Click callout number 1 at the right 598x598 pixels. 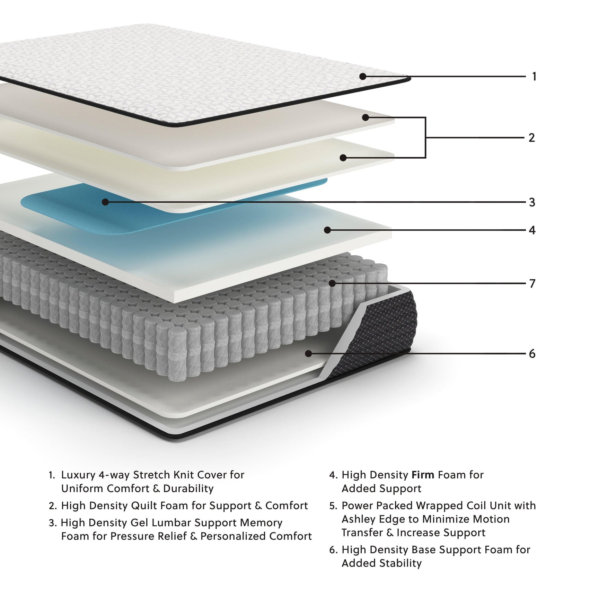534,76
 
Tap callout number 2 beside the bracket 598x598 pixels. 532,138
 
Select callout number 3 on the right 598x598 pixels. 532,202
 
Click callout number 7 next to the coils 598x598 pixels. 533,284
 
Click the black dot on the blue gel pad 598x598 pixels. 105,202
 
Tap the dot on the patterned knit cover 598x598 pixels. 363,76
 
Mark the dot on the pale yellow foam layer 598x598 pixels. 343,158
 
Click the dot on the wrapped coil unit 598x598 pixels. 332,283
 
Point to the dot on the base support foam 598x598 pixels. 308,353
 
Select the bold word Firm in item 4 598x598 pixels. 423,475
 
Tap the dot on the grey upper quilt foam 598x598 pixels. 365,117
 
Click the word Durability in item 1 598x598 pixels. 188,489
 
